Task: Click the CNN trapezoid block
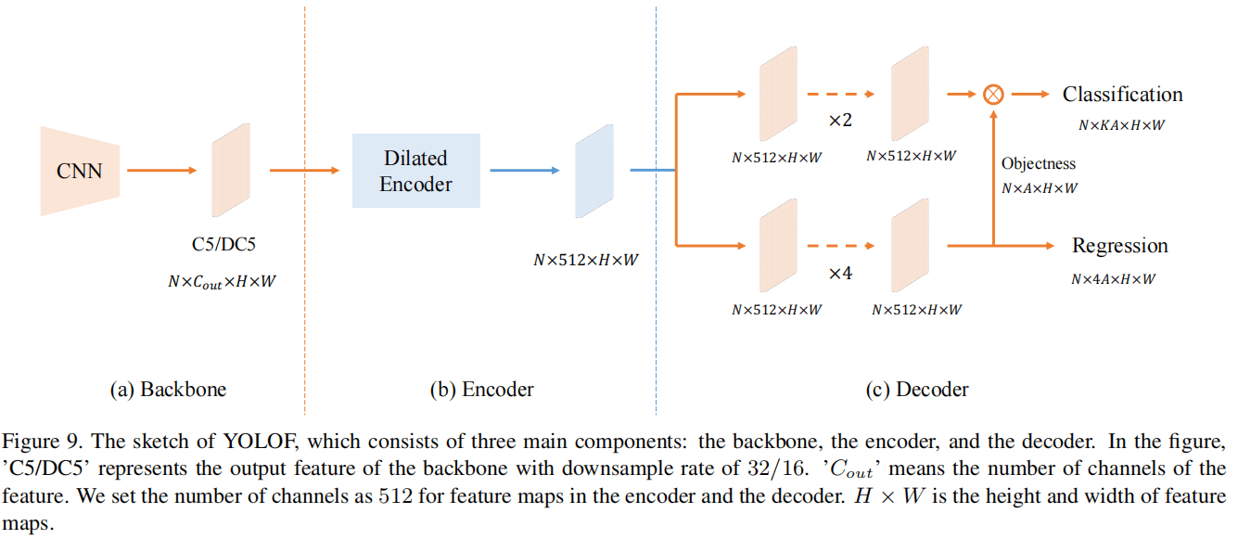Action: tap(80, 171)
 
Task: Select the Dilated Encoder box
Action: tap(415, 171)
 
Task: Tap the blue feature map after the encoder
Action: tap(594, 171)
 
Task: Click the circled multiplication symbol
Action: tap(993, 94)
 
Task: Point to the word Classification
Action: tap(1122, 95)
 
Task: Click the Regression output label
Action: tap(1119, 246)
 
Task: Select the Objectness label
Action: tap(1039, 164)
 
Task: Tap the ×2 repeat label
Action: tap(839, 122)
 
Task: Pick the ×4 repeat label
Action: tap(839, 275)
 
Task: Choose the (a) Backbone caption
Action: tap(168, 390)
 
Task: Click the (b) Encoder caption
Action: tap(481, 390)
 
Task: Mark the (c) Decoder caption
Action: tap(916, 390)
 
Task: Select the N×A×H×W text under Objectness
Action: tap(1039, 188)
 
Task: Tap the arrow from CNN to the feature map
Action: tap(161, 171)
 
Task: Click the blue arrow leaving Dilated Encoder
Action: tap(524, 171)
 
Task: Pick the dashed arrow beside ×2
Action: tap(839, 94)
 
